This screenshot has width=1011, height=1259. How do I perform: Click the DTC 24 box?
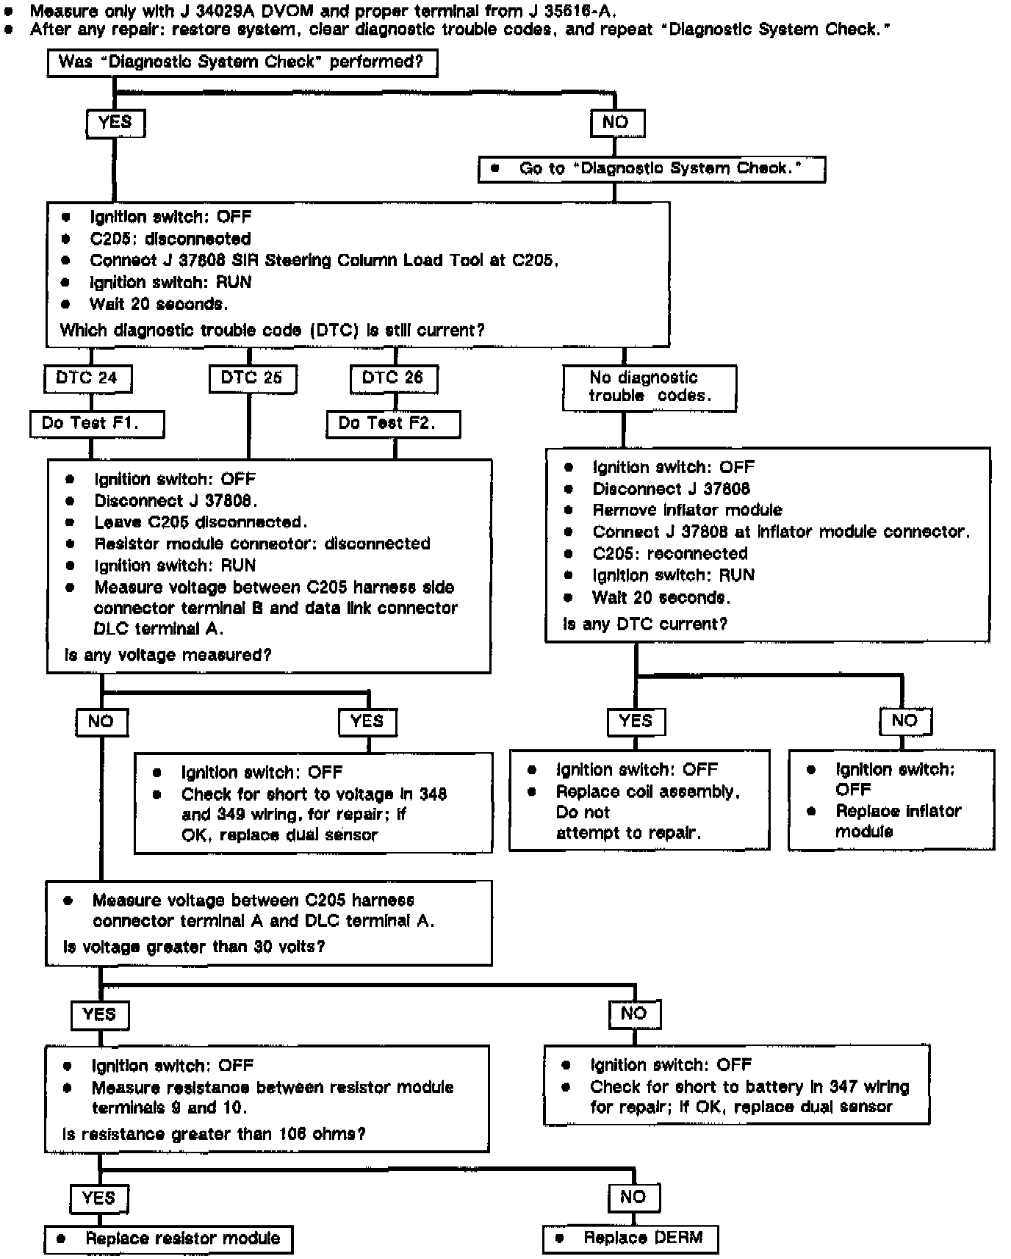click(87, 378)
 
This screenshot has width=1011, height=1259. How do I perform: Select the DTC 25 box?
click(252, 378)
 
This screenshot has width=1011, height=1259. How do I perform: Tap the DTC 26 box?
click(393, 378)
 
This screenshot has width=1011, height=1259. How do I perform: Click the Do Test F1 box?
click(96, 424)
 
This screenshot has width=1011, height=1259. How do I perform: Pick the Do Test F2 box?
click(393, 424)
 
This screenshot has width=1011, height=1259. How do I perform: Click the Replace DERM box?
click(630, 1238)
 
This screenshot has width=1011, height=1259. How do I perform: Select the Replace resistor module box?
click(168, 1239)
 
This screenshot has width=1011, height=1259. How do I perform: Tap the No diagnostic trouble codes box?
click(649, 387)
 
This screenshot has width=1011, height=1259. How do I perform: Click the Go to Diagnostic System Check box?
click(652, 169)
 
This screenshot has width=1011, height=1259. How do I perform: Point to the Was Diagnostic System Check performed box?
click(242, 62)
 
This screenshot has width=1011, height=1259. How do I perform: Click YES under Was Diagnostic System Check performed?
click(115, 123)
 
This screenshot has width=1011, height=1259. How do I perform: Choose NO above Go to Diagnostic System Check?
click(616, 123)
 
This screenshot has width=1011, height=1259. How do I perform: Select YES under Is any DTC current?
click(636, 721)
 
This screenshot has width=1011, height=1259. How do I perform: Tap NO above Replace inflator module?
click(905, 721)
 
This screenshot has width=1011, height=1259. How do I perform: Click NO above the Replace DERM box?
click(633, 1198)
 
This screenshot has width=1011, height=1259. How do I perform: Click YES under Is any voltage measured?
click(367, 721)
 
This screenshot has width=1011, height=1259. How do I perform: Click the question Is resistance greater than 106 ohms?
click(214, 1135)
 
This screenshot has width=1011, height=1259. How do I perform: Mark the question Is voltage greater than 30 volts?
click(194, 948)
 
